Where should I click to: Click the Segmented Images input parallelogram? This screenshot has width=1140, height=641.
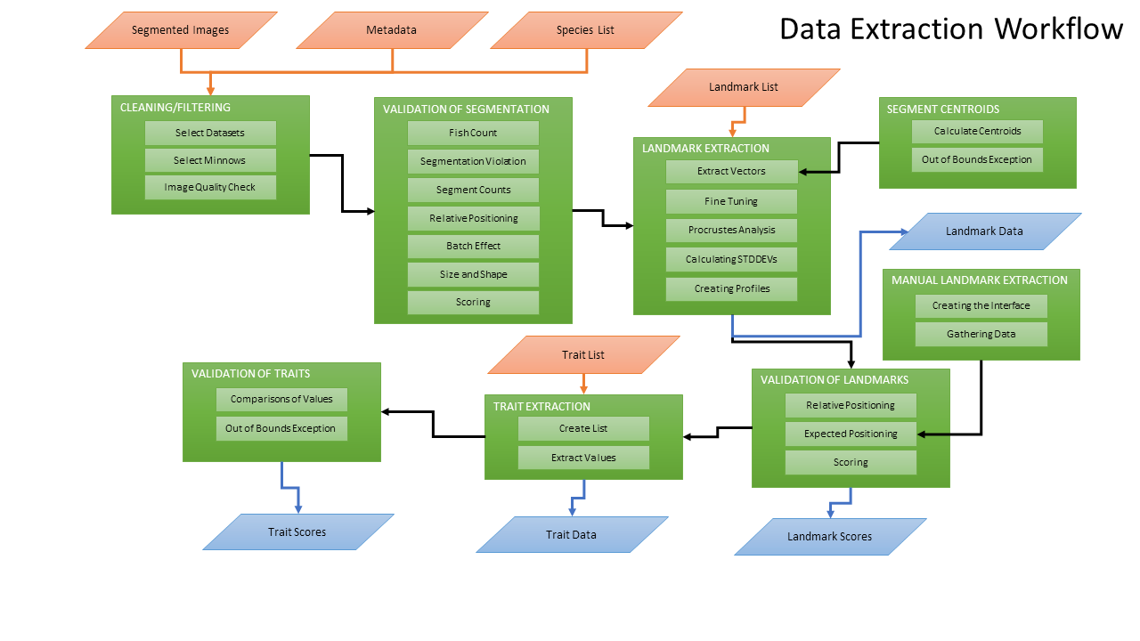click(181, 30)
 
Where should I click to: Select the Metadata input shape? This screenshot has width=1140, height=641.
click(391, 30)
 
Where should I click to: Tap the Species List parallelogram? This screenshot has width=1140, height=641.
click(586, 30)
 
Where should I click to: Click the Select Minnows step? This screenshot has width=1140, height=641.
click(210, 160)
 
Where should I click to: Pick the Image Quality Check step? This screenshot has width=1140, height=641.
click(210, 188)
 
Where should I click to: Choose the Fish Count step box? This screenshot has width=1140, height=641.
click(473, 133)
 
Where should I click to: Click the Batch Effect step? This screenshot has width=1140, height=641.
click(473, 246)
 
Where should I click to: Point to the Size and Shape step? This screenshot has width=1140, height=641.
click(473, 274)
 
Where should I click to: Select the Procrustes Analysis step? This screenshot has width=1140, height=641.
click(731, 230)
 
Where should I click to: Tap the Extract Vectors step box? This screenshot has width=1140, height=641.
click(731, 171)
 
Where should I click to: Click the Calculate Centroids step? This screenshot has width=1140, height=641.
click(977, 132)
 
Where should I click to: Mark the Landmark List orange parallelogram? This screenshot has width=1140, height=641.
click(744, 87)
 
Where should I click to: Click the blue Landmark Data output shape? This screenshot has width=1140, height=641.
click(984, 231)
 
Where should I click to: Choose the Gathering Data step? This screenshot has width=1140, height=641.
click(981, 335)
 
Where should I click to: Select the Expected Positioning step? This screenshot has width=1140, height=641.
click(851, 434)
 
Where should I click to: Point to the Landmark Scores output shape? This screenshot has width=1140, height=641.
click(829, 537)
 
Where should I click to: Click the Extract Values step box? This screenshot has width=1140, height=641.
click(583, 458)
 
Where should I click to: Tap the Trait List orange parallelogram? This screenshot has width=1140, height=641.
click(583, 354)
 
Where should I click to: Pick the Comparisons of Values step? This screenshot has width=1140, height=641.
click(281, 400)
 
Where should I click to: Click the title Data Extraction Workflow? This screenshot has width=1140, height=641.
click(950, 29)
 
